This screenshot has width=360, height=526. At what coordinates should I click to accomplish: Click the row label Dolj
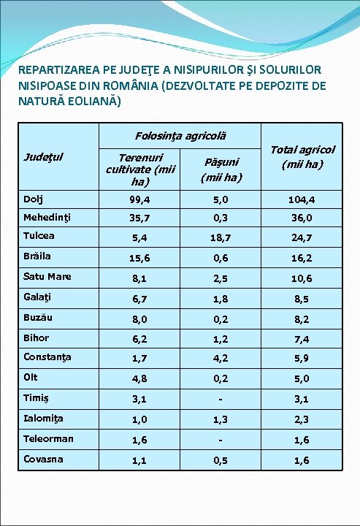pos(33,199)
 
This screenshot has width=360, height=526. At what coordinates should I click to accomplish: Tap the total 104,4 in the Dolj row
pos(302,199)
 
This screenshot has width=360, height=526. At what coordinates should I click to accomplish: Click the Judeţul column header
pos(42,156)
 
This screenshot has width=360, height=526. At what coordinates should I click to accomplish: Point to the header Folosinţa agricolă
pos(180,136)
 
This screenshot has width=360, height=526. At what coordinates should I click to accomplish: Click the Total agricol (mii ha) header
pos(302,156)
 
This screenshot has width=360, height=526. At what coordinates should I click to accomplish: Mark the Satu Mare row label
pos(47,276)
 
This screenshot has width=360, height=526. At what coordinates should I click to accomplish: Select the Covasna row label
pos(42,459)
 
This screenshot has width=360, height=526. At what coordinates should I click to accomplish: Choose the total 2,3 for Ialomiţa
pos(302,419)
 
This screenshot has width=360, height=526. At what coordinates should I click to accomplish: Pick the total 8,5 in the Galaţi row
pos(302,298)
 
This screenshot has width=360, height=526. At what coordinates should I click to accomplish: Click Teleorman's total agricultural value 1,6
pos(302,440)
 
